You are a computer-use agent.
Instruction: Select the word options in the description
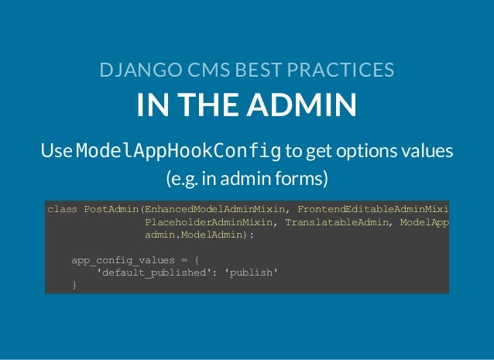pos(362,149)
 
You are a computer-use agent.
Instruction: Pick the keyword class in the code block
pos(62,208)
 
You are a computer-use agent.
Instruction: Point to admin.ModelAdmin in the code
pos(198,235)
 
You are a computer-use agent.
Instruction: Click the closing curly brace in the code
pos(74,285)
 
